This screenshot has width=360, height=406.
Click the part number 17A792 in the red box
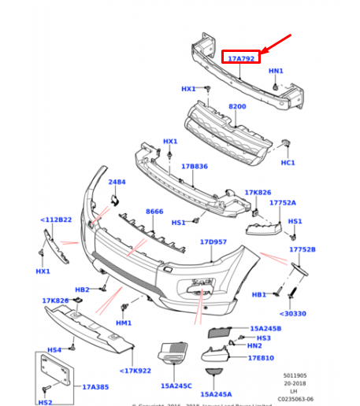(240, 58)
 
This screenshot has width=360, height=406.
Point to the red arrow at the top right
(276, 46)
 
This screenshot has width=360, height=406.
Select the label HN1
(275, 72)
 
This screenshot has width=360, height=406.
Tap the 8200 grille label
(237, 105)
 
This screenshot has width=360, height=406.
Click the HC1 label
(288, 163)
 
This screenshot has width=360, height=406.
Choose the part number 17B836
(194, 167)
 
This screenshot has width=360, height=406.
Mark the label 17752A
(282, 203)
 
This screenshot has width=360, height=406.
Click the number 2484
(117, 183)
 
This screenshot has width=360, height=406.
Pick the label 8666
(154, 212)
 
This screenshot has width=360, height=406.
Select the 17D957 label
(213, 242)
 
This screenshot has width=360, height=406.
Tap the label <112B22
(56, 220)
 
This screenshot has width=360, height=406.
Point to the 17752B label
(301, 249)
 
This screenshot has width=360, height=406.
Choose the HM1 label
(123, 323)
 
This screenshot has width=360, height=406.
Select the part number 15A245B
(265, 328)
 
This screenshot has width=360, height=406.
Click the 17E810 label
(261, 357)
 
